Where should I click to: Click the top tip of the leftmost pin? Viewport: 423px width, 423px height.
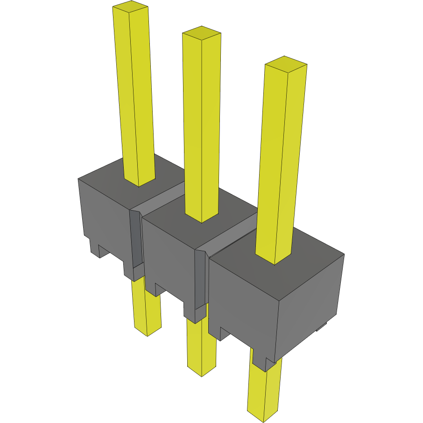coord(131,7)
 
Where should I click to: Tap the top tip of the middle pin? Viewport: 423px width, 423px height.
coord(201,32)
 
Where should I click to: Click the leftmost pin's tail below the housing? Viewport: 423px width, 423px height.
coord(147,308)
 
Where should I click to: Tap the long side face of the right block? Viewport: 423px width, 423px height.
coord(243,303)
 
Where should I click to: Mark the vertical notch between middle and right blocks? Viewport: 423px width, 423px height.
coord(200,280)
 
